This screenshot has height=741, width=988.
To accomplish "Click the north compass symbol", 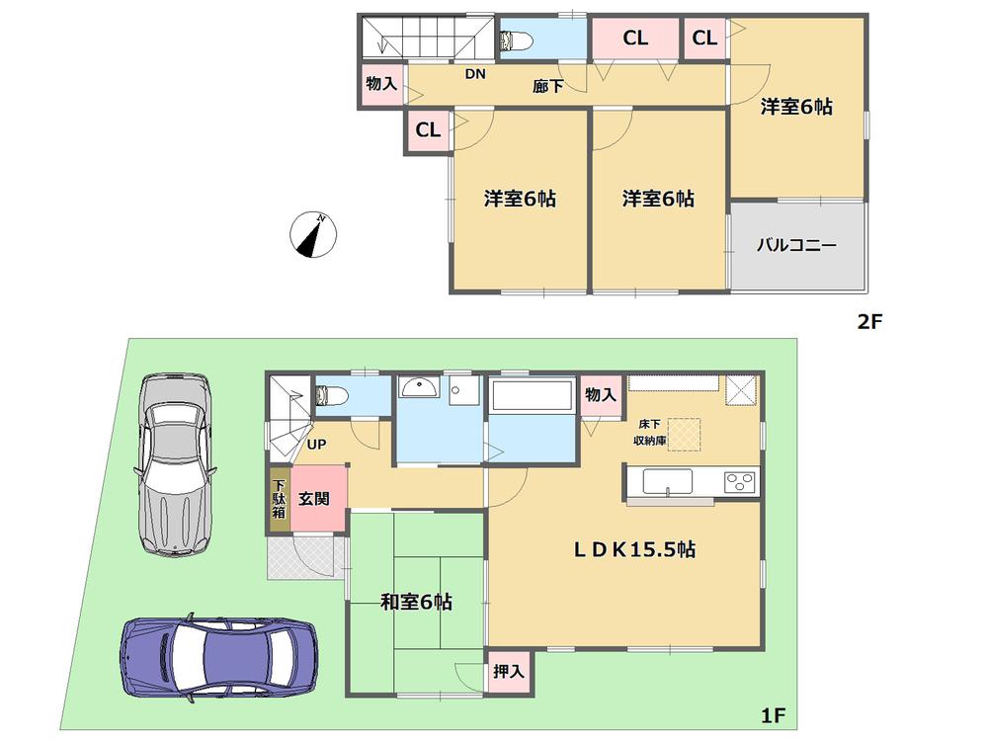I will click(x=313, y=235).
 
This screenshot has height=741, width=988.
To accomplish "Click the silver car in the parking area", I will click(x=175, y=462).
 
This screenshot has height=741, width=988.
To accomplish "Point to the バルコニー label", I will click(x=796, y=244).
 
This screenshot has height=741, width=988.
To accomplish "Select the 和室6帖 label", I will click(x=416, y=601).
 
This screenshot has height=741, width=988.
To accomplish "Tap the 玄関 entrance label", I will click(x=317, y=500).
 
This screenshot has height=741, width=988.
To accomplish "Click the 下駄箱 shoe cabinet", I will click(x=279, y=500).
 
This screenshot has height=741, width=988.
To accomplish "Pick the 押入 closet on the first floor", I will click(x=508, y=670).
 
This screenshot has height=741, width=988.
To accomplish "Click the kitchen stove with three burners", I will click(x=739, y=482).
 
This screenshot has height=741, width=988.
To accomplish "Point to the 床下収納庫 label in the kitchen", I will click(x=649, y=433).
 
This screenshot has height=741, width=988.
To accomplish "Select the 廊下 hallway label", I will click(x=548, y=87).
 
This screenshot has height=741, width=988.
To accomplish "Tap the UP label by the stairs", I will click(x=316, y=446).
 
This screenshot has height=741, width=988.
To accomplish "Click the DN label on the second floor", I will click(x=475, y=74).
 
